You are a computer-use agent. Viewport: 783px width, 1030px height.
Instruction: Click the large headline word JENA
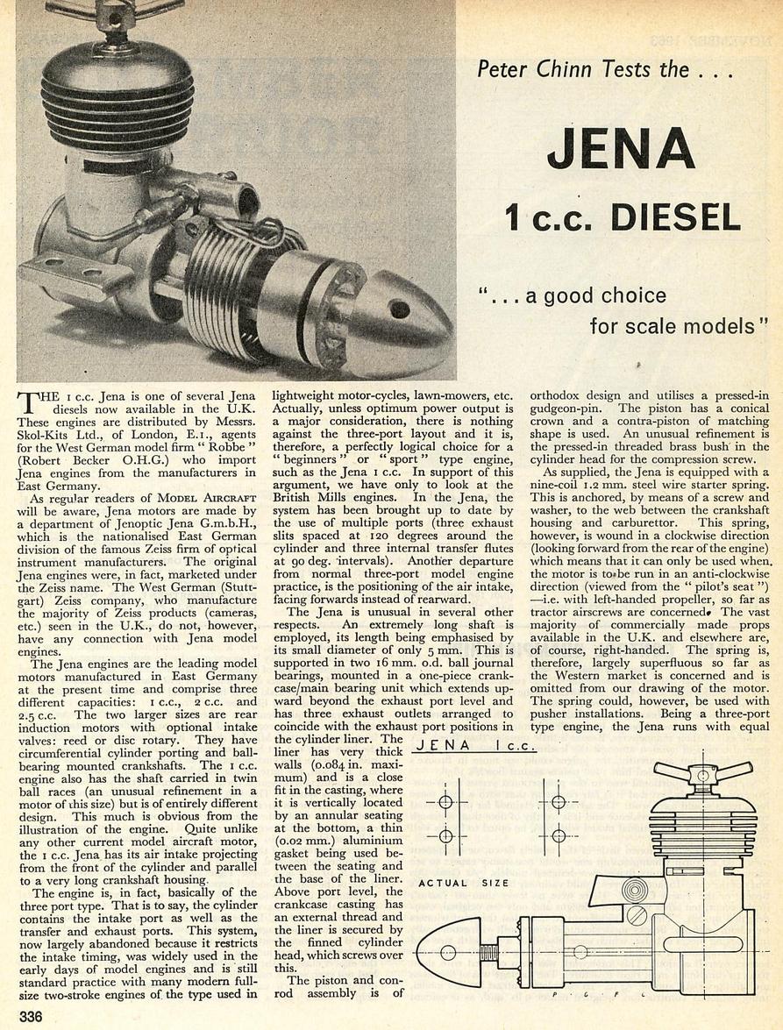(x=621, y=146)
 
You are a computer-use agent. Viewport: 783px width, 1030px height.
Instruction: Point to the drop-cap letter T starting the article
(x=29, y=404)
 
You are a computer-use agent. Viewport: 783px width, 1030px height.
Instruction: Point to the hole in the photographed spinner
(x=399, y=309)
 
